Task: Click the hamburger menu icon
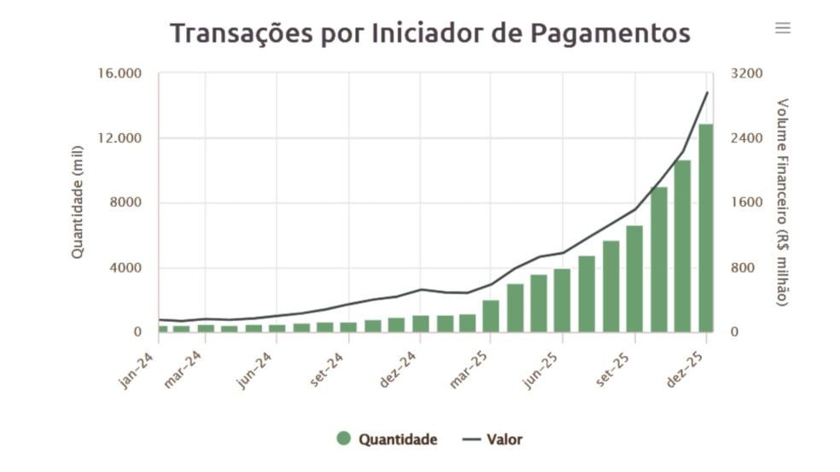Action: (x=782, y=28)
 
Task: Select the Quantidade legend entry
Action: (x=388, y=440)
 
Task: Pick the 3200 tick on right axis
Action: (x=746, y=73)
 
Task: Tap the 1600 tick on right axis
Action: (x=746, y=203)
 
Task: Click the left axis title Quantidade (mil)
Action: (x=78, y=202)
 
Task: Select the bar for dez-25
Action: (x=706, y=228)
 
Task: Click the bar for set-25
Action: (x=634, y=278)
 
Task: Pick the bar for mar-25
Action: (x=491, y=316)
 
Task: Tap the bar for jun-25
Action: (x=562, y=300)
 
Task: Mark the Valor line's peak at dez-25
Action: (x=707, y=92)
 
